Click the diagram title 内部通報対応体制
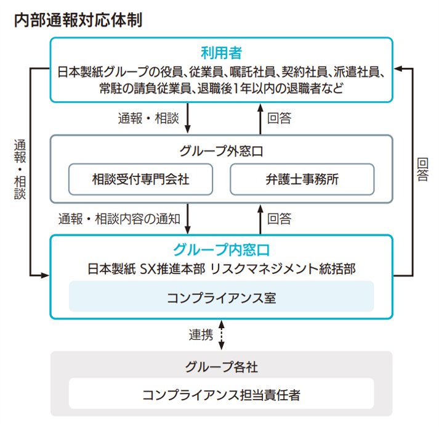(x=78, y=19)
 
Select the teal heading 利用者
(x=220, y=52)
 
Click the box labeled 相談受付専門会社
(x=140, y=179)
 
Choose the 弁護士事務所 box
(x=302, y=179)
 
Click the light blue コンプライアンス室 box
(x=221, y=297)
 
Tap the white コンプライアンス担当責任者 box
(x=221, y=394)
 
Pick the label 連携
(x=201, y=335)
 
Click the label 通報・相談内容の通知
(x=119, y=219)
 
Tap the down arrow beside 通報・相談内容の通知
(x=187, y=219)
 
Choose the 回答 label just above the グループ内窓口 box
(x=279, y=219)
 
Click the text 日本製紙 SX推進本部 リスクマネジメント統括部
(x=221, y=268)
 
